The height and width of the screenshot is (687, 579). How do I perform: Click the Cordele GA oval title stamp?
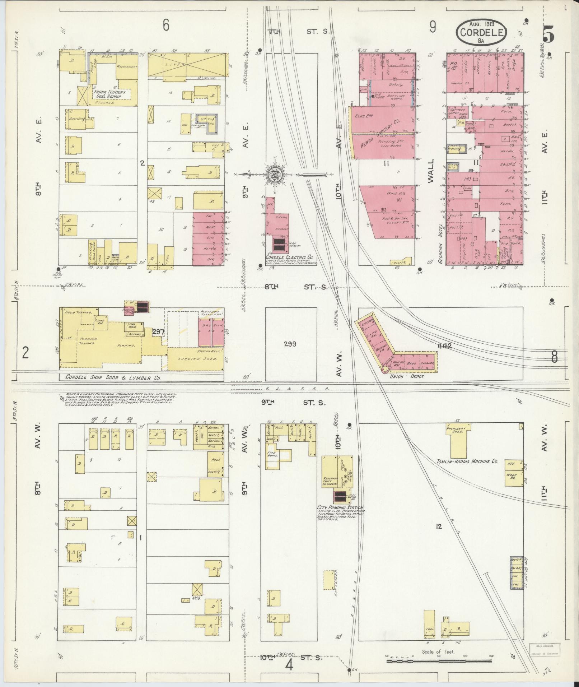coord(481,32)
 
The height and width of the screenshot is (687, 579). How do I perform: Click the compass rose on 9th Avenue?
coord(275,175)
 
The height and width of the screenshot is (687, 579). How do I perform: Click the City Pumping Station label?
coord(340,507)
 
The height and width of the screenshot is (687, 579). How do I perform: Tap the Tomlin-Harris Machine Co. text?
coord(467,461)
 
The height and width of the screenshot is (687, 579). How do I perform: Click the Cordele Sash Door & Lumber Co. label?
coord(113,378)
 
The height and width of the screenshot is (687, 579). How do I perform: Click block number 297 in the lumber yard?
coord(158,332)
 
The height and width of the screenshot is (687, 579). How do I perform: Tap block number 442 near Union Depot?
coord(444,346)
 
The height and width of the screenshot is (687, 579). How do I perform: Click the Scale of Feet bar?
coord(438,661)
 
